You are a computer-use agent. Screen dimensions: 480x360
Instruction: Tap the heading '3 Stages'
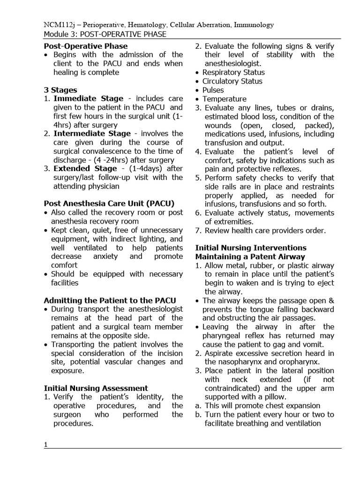coord(60,90)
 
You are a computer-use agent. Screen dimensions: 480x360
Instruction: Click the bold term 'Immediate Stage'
coord(89,99)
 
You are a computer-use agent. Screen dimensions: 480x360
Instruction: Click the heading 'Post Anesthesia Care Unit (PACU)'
coord(109,203)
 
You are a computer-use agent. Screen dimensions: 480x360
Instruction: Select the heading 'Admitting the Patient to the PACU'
coord(110,300)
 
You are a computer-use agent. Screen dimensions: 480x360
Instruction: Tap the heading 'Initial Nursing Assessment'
coord(96,388)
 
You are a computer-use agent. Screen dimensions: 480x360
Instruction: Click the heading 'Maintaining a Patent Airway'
coord(250,257)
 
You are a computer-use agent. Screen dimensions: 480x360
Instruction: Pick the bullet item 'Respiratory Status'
coord(233,73)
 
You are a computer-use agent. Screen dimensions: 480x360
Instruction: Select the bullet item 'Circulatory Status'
coord(232,81)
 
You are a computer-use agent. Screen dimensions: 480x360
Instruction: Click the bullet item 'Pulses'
coord(213,90)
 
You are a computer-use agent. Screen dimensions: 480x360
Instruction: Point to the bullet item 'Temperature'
coord(224,99)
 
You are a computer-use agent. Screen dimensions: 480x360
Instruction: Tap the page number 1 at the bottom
coord(46,445)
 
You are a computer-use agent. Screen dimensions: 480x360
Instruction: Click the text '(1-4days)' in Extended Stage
coord(140,169)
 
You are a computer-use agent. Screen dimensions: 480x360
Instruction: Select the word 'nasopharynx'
coord(227,362)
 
